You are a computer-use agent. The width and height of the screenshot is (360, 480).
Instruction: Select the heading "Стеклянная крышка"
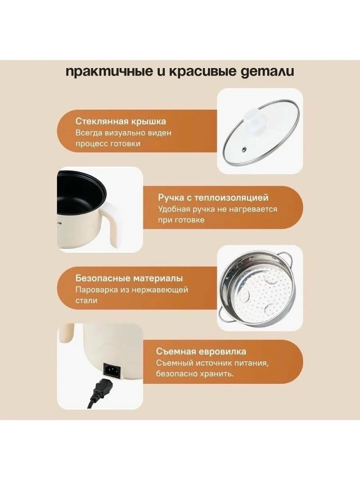click(121, 121)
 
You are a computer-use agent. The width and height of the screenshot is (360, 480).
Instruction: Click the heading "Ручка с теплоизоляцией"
click(213, 198)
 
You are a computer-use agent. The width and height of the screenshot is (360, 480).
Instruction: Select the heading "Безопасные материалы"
click(129, 279)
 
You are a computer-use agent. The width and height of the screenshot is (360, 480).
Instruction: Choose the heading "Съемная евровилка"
click(201, 351)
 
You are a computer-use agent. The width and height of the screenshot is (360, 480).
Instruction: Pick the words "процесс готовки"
click(108, 144)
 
